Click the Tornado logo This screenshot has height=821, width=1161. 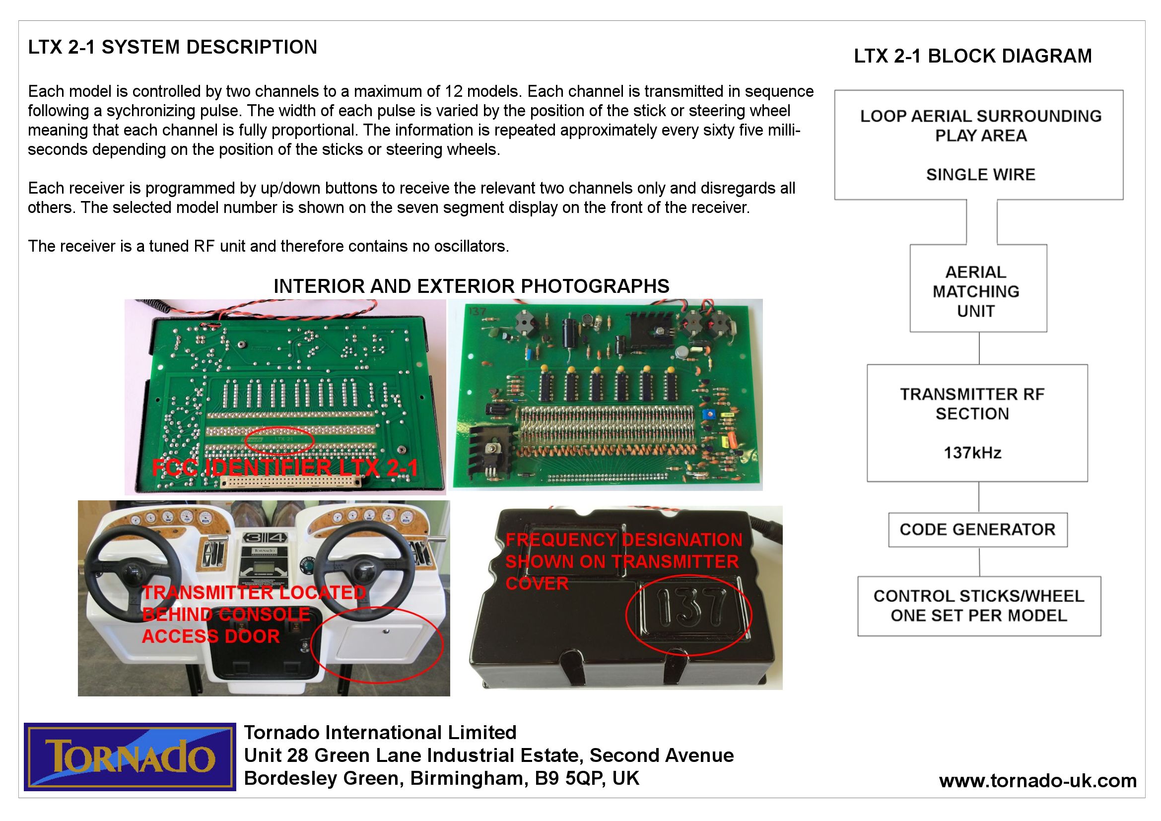click(130, 756)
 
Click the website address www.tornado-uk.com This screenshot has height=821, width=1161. click(1037, 781)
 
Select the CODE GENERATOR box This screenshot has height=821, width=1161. click(977, 530)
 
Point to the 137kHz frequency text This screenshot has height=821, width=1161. click(972, 453)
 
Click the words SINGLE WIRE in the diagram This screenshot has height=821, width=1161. click(980, 174)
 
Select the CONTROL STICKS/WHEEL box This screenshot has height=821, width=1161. click(978, 606)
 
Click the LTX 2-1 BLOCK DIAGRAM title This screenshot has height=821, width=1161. click(972, 56)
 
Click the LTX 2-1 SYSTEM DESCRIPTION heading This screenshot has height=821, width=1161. click(172, 47)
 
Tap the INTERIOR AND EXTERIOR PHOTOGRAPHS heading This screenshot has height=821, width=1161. click(471, 286)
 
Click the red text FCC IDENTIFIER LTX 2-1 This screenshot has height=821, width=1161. click(285, 468)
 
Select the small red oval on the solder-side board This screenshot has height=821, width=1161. click(279, 440)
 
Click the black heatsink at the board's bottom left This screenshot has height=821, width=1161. click(489, 447)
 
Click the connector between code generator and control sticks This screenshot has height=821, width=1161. click(979, 562)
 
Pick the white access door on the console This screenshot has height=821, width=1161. click(379, 648)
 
